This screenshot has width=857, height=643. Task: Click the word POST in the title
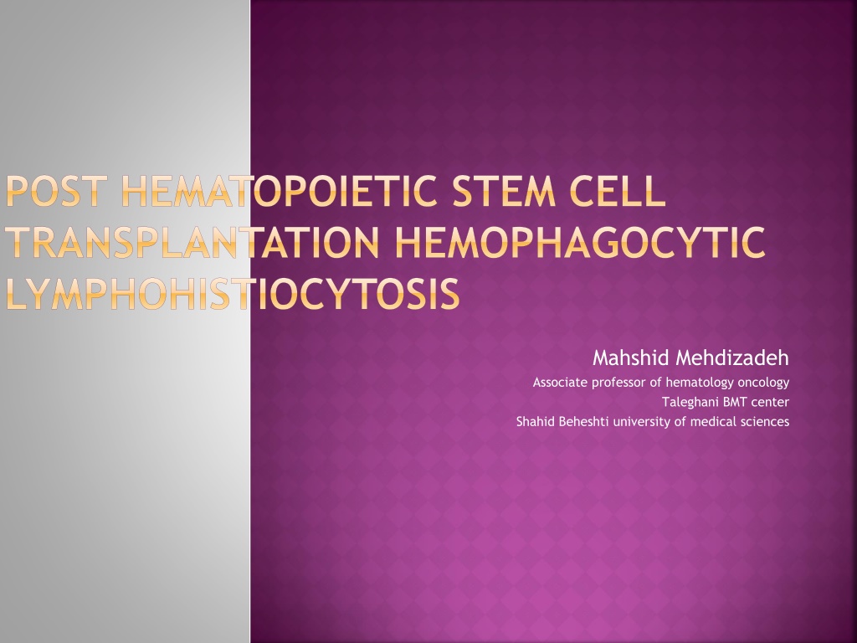click(54, 191)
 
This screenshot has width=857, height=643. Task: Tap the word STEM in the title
click(503, 191)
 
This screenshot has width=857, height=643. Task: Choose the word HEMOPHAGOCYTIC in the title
click(579, 242)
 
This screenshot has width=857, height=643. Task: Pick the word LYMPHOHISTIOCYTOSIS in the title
click(233, 294)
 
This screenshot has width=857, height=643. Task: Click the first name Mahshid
click(631, 358)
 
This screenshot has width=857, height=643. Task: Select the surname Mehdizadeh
click(732, 358)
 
